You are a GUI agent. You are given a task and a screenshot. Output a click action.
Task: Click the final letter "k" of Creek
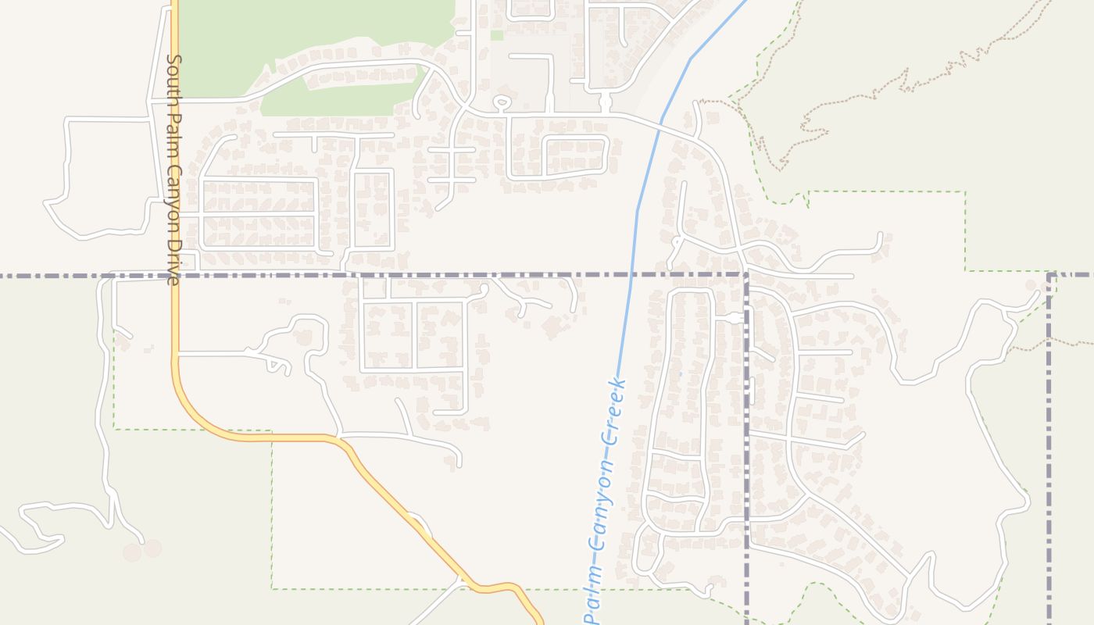click(x=620, y=383)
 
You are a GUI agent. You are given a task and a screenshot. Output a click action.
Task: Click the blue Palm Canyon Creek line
click(x=637, y=211)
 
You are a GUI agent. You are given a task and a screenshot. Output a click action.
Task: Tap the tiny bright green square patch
click(x=497, y=35)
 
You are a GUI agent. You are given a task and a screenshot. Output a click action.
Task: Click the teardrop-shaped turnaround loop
click(x=502, y=102)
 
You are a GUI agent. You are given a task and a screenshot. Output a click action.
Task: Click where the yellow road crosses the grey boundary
click(x=175, y=275)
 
